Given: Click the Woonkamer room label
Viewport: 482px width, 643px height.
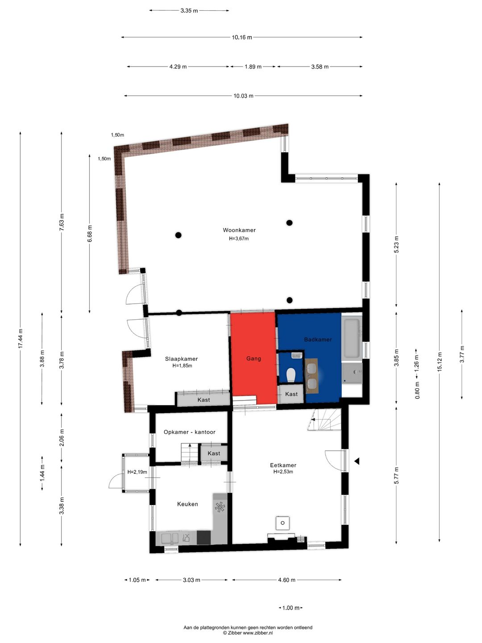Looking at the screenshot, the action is pos(239,230).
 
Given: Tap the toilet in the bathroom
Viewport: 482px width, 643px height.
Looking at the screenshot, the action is pos(291,375).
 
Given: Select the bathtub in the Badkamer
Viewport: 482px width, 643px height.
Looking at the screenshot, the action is pos(352,338).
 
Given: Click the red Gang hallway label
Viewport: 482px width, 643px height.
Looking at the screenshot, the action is pos(253,359).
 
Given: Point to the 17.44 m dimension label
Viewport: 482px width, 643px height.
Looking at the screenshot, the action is pos(21,339).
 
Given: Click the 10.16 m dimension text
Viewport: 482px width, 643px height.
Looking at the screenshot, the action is pos(242,37).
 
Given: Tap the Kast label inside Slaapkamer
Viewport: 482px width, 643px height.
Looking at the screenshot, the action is pos(204,400).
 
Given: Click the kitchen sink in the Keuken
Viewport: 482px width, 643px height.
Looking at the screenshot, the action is pos(170,538).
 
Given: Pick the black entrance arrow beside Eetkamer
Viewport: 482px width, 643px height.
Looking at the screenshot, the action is pos(357,461).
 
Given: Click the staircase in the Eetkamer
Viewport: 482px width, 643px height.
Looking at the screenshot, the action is pos(325,419).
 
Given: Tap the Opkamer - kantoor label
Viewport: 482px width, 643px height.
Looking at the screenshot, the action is pos(189,432).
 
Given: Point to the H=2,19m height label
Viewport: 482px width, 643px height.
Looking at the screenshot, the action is pos(137,472).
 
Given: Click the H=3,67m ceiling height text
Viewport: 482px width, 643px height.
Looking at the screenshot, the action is pos(239,238).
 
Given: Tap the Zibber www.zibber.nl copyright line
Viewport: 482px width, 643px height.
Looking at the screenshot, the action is pos(248,633).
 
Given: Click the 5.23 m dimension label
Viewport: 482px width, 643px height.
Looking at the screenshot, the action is pos(396,244).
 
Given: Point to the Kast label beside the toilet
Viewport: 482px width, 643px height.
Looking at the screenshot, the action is pos(291,394).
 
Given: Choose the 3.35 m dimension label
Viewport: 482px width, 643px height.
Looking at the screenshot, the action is pos(189,11).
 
